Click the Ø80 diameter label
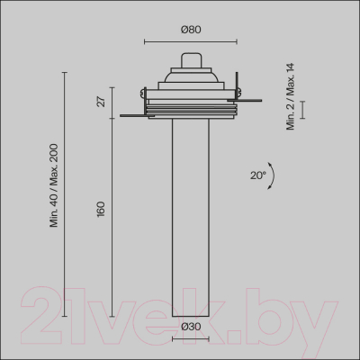191,29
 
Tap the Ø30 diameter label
190,327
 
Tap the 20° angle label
258,175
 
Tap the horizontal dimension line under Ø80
191,41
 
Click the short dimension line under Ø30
191,339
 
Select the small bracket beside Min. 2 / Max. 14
304,109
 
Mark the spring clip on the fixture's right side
238,89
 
